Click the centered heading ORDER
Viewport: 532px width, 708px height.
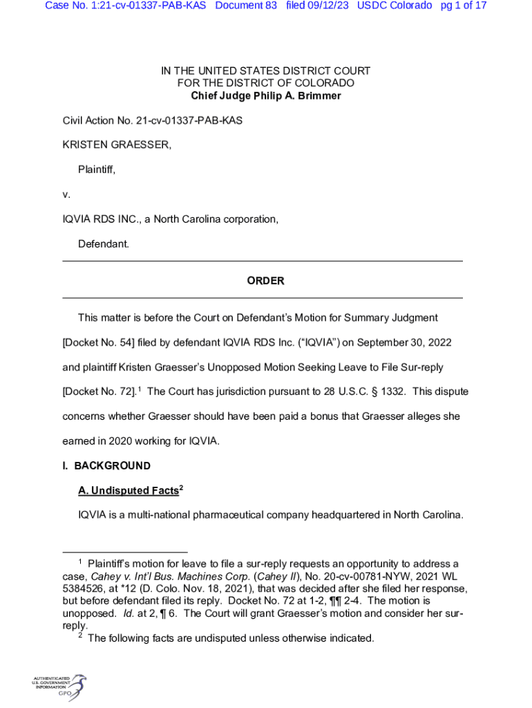coord(265,281)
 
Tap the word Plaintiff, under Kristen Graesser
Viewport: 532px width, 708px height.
coord(97,170)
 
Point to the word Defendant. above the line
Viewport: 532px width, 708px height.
coord(103,245)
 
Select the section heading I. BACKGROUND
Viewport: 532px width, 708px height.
coord(106,466)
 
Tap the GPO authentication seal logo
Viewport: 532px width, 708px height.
coord(59,687)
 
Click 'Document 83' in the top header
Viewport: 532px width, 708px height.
coord(246,6)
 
